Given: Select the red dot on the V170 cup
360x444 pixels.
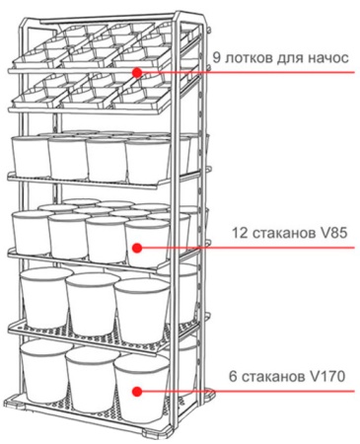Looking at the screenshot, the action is pyautogui.click(x=138, y=391).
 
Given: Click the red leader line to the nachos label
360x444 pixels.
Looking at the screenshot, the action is pyautogui.click(x=247, y=71).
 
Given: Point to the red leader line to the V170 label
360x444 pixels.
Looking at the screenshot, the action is pyautogui.click(x=247, y=391).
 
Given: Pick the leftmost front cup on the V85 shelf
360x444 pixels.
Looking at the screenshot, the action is pyautogui.click(x=31, y=235).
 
